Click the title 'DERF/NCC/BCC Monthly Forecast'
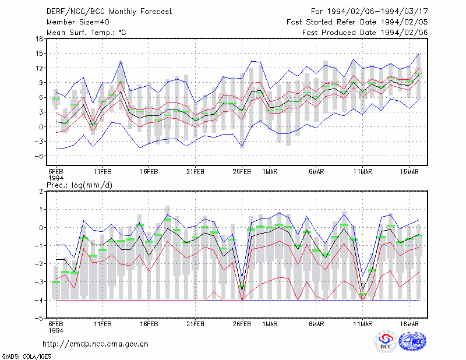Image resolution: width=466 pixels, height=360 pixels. pos(109,12)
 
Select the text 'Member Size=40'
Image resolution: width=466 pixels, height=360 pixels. pos(78,22)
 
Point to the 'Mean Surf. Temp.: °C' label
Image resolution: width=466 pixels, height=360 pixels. pos(86,33)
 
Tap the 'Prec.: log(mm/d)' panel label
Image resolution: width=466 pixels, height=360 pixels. pos(79,185)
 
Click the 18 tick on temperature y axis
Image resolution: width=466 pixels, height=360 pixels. pos(39,38)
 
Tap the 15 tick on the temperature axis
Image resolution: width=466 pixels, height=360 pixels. pos(39,54)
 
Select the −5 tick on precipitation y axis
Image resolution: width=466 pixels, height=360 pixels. pos(40,318)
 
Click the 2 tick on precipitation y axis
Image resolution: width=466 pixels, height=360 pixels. pos(41,191)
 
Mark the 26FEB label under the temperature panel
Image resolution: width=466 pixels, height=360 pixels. pos(242,172)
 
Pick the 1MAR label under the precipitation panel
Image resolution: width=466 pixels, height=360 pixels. pos(270,324)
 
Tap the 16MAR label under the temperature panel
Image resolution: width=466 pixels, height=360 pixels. pos(409,172)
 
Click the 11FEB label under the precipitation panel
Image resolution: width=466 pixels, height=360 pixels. pos(103,324)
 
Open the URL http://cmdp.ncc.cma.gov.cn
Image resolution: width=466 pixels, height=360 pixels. pos(96,344)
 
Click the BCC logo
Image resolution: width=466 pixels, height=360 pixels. pos(386,341)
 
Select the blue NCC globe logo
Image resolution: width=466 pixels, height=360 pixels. pos(412,341)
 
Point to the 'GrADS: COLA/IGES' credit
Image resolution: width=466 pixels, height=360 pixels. pos(26,357)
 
